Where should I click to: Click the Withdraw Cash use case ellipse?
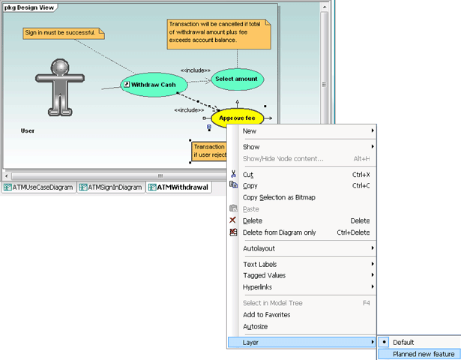(x=154, y=85)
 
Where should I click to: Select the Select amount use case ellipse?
(x=238, y=79)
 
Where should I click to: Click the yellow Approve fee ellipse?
(x=238, y=118)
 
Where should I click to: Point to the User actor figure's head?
(x=60, y=67)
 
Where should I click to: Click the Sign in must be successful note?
(x=64, y=33)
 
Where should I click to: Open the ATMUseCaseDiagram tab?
(x=39, y=187)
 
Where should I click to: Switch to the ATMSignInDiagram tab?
(x=111, y=187)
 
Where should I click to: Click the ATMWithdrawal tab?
(x=178, y=187)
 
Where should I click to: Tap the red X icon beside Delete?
(x=232, y=220)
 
